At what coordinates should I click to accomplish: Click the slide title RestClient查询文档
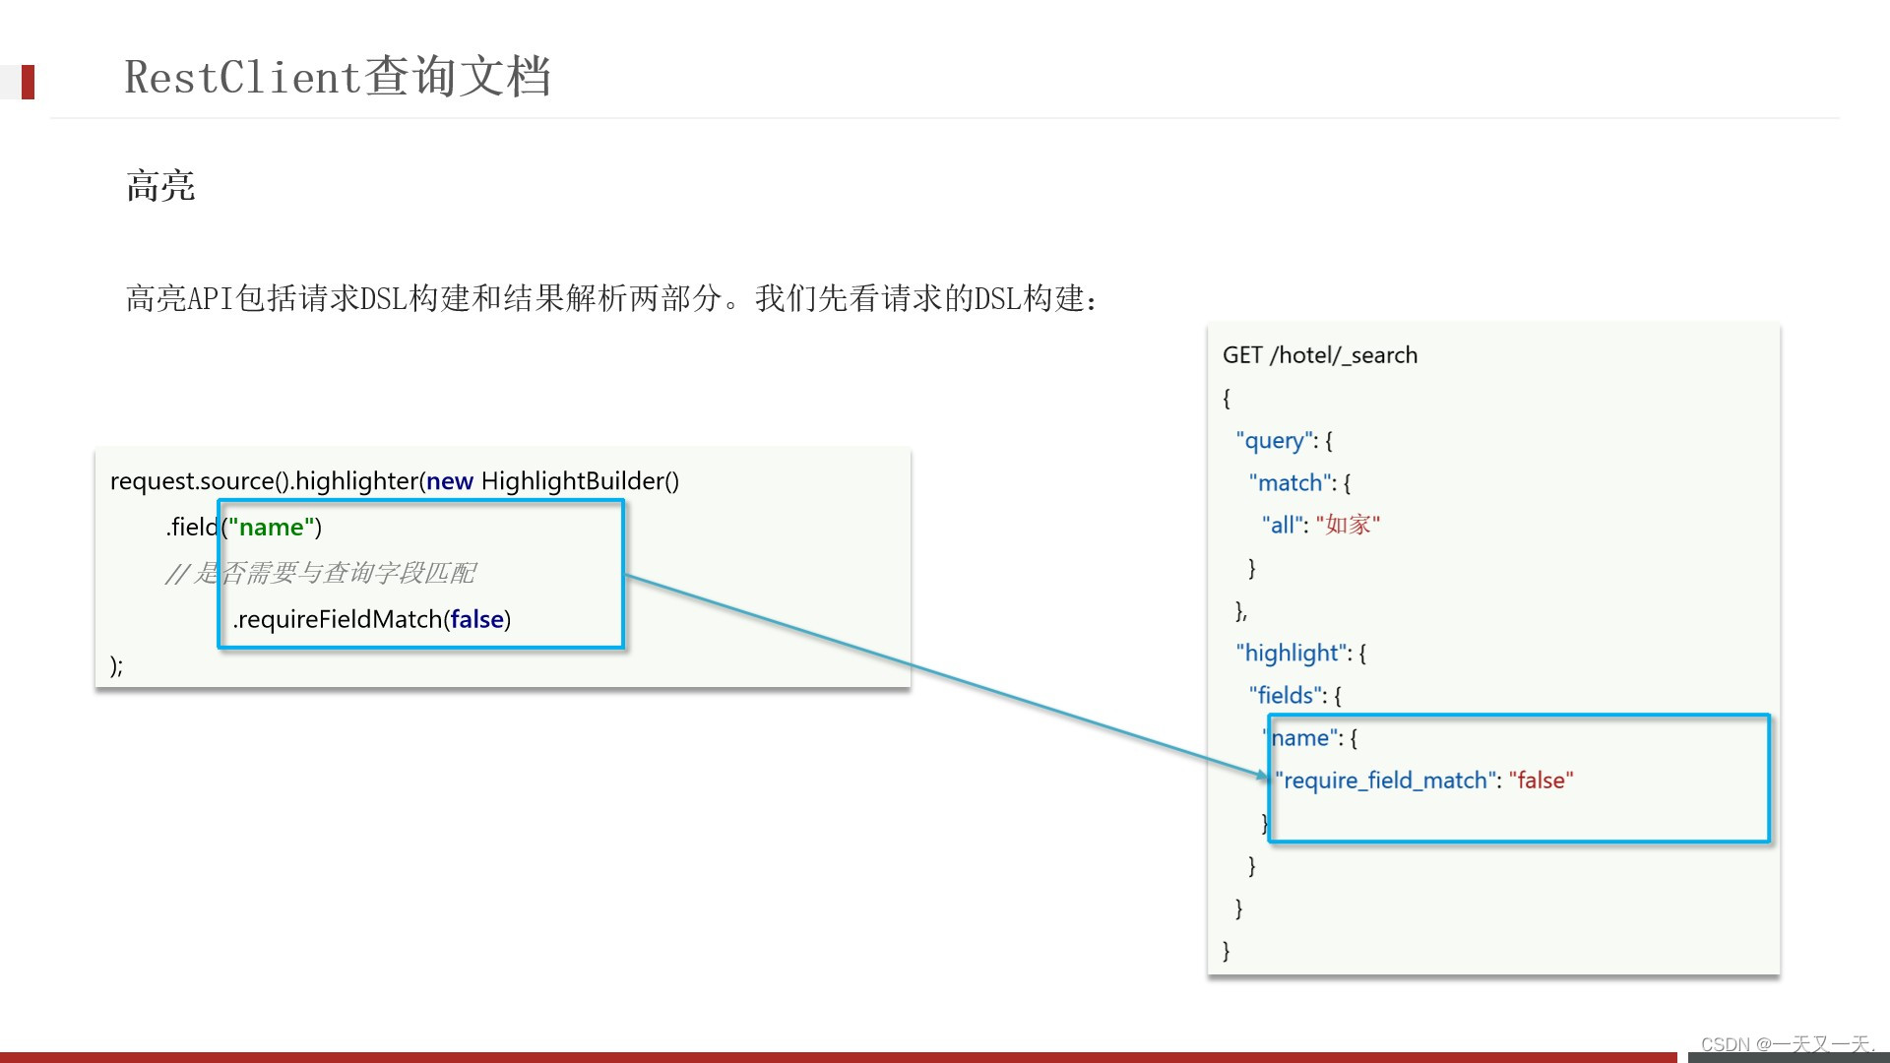click(x=337, y=77)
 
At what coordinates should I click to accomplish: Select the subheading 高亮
click(x=160, y=186)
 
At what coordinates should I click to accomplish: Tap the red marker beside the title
click(x=28, y=82)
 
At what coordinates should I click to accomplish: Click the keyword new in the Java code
click(x=450, y=481)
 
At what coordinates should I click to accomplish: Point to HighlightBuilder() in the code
click(x=580, y=481)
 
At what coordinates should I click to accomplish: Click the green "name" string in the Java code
click(x=272, y=528)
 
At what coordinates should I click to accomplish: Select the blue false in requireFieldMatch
click(x=477, y=619)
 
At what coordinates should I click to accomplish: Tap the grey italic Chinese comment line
click(x=321, y=573)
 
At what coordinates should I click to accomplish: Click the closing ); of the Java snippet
click(x=116, y=665)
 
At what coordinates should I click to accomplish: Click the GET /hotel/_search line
click(x=1319, y=355)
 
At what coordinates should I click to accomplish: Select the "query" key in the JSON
click(x=1276, y=441)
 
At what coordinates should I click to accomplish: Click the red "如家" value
click(x=1348, y=526)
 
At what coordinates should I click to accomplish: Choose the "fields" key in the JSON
click(x=1287, y=696)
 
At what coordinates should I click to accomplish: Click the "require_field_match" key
click(x=1386, y=781)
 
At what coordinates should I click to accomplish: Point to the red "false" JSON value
click(x=1541, y=781)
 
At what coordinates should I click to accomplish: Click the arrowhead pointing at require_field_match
click(x=1263, y=777)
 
